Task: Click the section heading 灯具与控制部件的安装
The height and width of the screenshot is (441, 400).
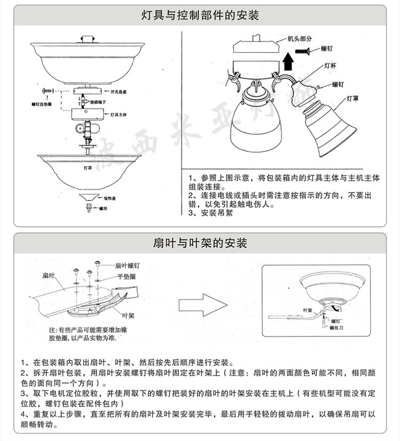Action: tap(200, 15)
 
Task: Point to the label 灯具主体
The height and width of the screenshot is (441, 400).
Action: tap(118, 114)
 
